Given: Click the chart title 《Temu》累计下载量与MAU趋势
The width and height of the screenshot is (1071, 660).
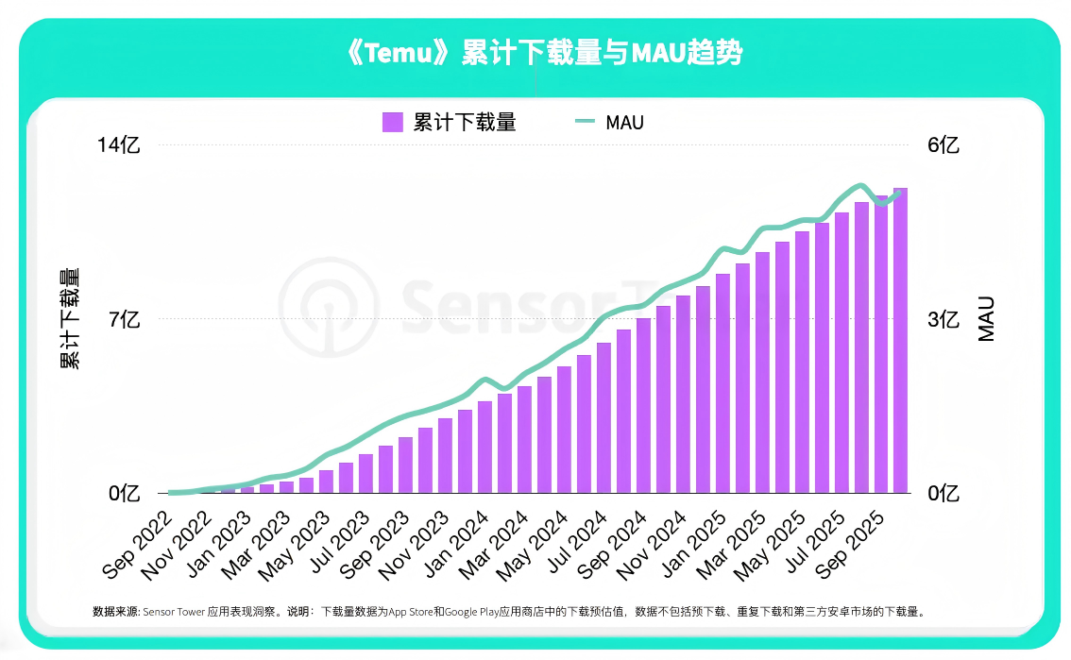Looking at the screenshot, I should pyautogui.click(x=545, y=54).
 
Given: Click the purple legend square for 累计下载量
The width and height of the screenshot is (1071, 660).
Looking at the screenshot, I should pyautogui.click(x=393, y=122).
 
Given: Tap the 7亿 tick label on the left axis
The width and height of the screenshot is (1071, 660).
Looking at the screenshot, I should pyautogui.click(x=124, y=320).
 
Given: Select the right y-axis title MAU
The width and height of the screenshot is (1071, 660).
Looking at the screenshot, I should pyautogui.click(x=986, y=318).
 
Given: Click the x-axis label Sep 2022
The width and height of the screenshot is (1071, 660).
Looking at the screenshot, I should pyautogui.click(x=137, y=545).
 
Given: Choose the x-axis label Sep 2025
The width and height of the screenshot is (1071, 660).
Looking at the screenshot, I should pyautogui.click(x=850, y=545).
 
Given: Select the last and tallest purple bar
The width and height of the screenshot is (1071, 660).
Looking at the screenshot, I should pyautogui.click(x=901, y=340).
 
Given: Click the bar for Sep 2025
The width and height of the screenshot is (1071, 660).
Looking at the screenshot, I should pyautogui.click(x=881, y=345).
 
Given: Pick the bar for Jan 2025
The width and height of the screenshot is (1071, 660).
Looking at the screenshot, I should pyautogui.click(x=722, y=382).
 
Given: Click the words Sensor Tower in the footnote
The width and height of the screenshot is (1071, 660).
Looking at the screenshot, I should pyautogui.click(x=175, y=611).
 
